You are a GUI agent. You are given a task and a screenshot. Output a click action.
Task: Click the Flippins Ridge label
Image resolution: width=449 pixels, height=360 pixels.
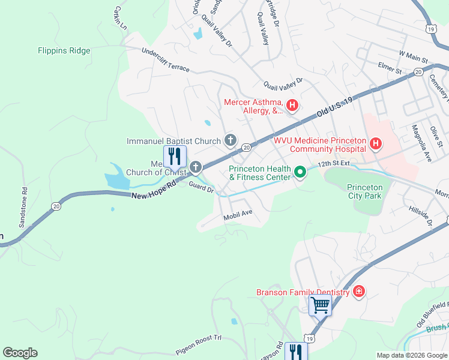(64, 51)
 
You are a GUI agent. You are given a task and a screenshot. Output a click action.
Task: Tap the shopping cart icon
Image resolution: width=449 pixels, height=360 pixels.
(320, 305)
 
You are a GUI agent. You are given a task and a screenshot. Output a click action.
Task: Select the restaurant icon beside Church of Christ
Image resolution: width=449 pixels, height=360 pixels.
(175, 156)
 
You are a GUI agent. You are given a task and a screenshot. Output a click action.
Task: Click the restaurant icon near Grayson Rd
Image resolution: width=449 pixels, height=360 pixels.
(295, 351)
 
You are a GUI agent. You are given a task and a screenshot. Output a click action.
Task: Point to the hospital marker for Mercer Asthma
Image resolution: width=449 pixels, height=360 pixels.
(292, 107)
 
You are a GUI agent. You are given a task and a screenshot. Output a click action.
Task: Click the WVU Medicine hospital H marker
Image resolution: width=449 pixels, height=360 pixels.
(376, 144)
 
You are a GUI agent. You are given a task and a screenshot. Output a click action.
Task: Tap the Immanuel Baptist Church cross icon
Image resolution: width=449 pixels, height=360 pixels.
(230, 141)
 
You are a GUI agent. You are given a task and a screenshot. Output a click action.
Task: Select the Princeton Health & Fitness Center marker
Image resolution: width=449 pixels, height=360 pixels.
(300, 173)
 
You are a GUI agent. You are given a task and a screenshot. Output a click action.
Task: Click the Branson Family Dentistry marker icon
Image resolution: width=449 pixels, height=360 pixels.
(359, 292)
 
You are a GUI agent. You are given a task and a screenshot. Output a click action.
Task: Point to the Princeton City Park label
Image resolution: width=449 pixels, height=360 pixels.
(364, 191)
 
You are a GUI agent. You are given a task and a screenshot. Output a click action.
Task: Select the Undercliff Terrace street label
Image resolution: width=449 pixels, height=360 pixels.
(165, 61)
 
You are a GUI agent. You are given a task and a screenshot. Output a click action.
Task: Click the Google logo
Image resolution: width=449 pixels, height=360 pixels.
(20, 353)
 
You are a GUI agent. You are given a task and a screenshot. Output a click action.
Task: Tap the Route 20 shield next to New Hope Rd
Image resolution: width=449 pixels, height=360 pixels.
(56, 206)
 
